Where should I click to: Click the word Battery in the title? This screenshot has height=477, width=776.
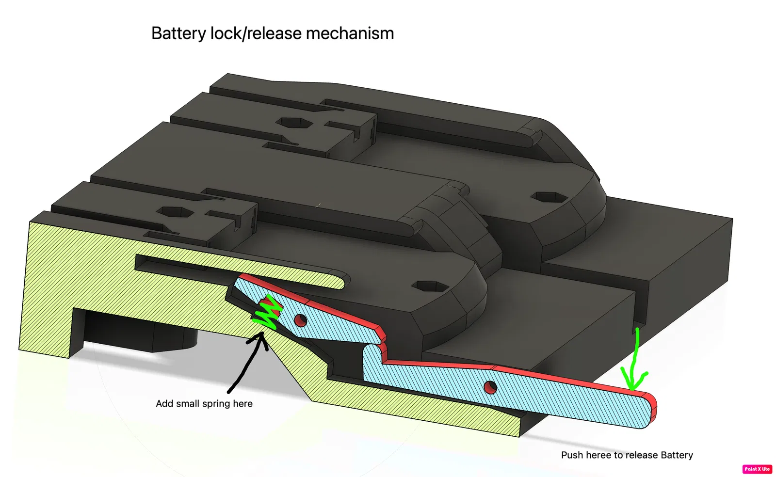click(179, 34)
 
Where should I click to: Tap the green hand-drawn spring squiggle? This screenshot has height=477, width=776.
click(267, 313)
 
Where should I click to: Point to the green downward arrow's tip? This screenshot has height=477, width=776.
click(632, 389)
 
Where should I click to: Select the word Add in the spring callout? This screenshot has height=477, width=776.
click(164, 403)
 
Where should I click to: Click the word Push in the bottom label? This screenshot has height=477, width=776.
click(572, 455)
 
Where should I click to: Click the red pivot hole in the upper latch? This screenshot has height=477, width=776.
click(301, 320)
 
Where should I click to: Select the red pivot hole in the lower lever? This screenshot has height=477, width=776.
click(490, 387)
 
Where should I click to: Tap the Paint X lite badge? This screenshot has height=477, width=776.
click(757, 469)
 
